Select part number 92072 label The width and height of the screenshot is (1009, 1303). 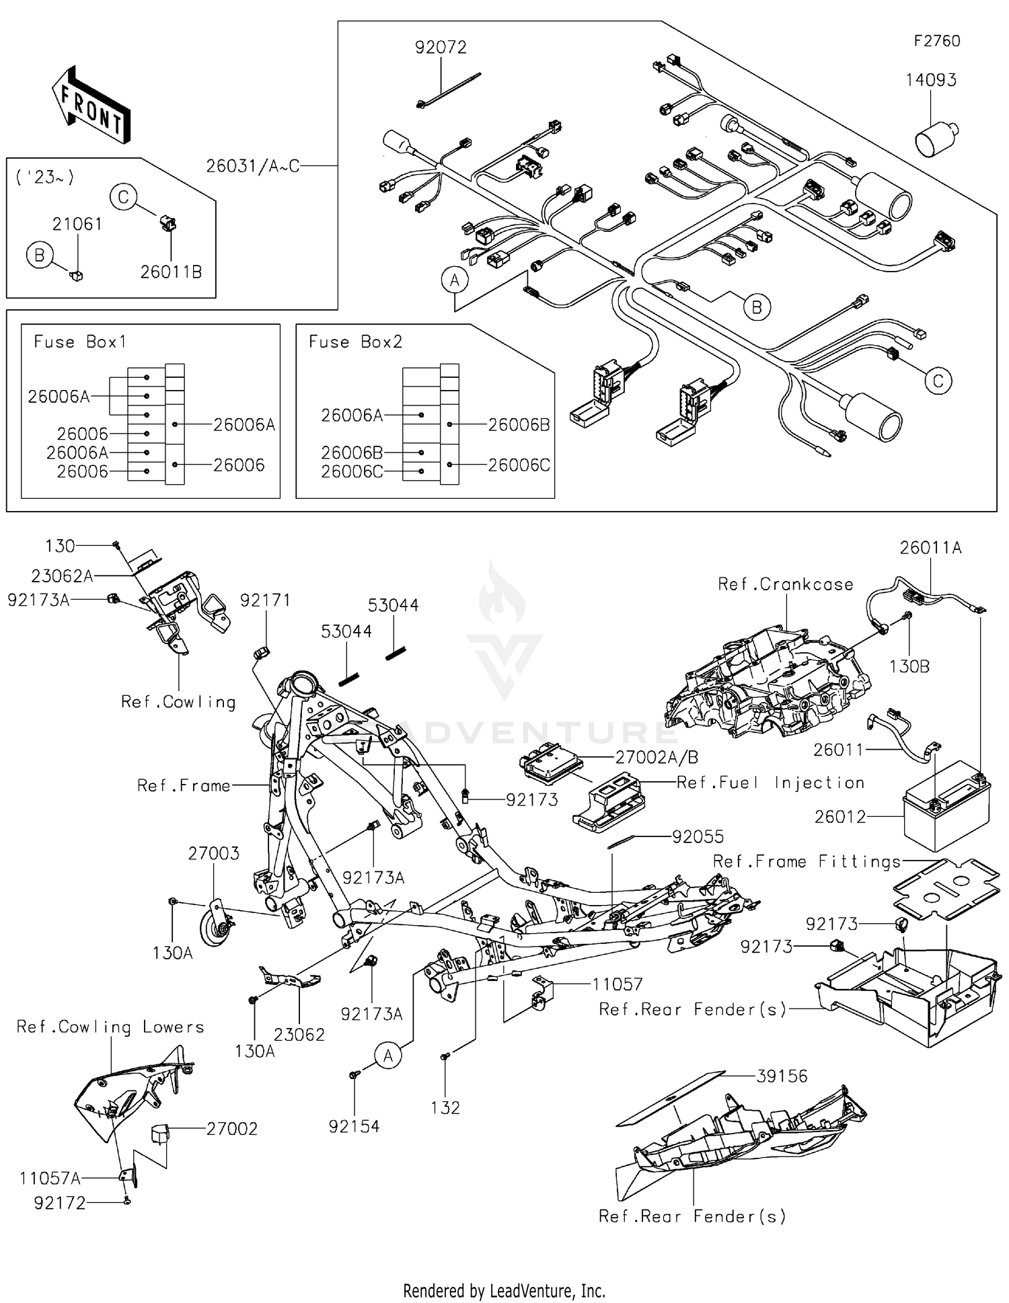tap(441, 47)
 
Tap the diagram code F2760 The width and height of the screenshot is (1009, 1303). tap(936, 41)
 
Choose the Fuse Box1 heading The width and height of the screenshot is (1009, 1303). tap(80, 342)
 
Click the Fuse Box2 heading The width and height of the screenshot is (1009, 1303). tap(355, 342)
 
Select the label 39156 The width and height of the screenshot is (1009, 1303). tap(782, 1076)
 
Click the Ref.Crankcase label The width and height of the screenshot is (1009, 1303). tap(785, 584)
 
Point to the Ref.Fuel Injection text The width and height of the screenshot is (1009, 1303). tap(770, 783)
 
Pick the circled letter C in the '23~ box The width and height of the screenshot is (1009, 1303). tap(124, 197)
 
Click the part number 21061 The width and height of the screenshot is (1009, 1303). tap(77, 224)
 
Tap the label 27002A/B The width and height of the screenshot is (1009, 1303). tap(657, 757)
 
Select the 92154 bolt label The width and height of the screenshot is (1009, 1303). tap(354, 1126)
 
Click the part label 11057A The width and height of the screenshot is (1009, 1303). tap(50, 1178)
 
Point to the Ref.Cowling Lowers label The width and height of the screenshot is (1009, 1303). tap(110, 1027)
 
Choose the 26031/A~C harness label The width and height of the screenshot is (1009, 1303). tap(252, 165)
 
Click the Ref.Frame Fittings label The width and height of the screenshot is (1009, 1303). tap(807, 861)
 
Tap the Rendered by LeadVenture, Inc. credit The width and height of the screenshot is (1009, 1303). tap(504, 1290)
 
